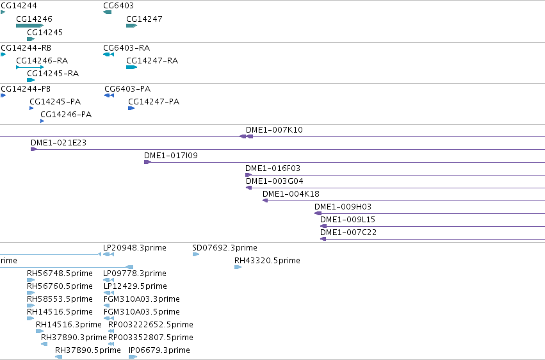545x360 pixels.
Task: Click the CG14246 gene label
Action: coord(34,19)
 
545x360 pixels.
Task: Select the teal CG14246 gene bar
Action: coord(30,26)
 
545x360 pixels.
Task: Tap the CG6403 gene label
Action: coord(118,6)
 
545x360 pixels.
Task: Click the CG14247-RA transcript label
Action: coord(152,61)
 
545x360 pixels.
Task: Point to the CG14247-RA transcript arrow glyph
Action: coord(132,67)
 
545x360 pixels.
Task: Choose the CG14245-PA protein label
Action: coord(55,102)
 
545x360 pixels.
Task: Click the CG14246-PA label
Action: coord(66,115)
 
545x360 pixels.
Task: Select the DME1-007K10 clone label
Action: coord(274,130)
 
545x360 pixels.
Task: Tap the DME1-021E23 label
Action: coord(58,143)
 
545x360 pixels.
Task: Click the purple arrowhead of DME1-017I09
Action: coord(148,162)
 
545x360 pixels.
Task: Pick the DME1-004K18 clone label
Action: coord(291,194)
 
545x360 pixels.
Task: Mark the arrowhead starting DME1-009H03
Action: coord(318,213)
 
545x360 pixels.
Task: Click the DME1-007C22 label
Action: coord(348,233)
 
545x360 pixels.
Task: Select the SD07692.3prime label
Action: coord(225,248)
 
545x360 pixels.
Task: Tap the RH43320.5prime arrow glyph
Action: coord(238,267)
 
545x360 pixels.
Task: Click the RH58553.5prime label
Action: coord(60,299)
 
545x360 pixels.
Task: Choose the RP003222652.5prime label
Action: coord(151,325)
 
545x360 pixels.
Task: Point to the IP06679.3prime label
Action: coord(159,350)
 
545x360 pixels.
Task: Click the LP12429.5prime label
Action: coord(135,286)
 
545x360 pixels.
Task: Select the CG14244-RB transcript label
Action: coord(26,48)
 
